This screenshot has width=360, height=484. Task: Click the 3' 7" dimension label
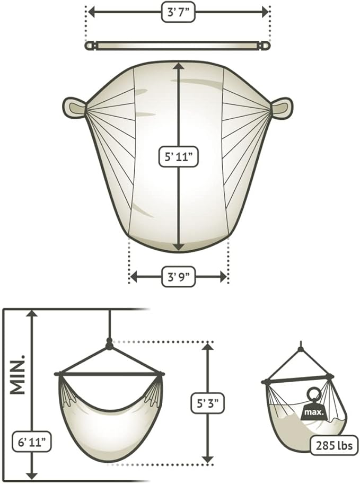tap(179, 13)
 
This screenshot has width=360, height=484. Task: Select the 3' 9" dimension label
tap(179, 277)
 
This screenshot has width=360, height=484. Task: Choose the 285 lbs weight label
tap(334, 446)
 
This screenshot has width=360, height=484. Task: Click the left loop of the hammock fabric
tap(74, 108)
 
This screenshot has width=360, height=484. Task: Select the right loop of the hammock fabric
tap(282, 108)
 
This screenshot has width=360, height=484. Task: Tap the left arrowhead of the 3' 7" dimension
tap(92, 13)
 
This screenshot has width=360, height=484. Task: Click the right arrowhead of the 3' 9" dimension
tap(223, 277)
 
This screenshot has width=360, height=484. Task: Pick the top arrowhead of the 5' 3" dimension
tap(208, 347)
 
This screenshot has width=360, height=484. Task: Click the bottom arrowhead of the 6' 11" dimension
tap(32, 476)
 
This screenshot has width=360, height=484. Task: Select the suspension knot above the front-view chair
tap(109, 344)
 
